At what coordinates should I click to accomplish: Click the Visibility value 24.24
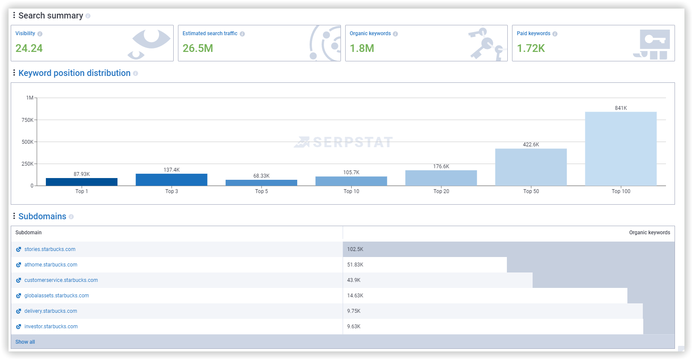point(29,48)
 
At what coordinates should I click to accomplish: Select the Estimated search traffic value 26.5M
point(198,48)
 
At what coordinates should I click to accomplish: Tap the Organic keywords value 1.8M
point(362,48)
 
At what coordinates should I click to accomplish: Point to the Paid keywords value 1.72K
point(531,48)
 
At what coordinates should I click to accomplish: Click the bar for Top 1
point(81,182)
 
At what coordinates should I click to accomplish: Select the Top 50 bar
point(531,167)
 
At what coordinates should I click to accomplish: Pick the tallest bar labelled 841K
point(621,149)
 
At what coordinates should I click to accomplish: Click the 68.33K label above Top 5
point(261,176)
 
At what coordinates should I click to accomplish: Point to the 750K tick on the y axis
point(27,120)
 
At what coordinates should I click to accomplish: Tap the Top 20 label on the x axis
point(441,191)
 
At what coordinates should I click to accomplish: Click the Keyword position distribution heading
point(74,73)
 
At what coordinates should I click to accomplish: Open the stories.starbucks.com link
point(50,249)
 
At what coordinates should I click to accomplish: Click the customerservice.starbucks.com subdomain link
point(61,280)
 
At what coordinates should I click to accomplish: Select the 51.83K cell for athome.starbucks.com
point(355,265)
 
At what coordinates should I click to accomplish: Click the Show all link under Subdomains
point(25,342)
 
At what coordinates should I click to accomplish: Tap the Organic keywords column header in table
point(649,233)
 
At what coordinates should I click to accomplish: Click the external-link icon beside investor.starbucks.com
point(18,327)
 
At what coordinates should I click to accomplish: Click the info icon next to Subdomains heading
point(71,217)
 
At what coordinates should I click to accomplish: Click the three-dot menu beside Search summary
point(14,15)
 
